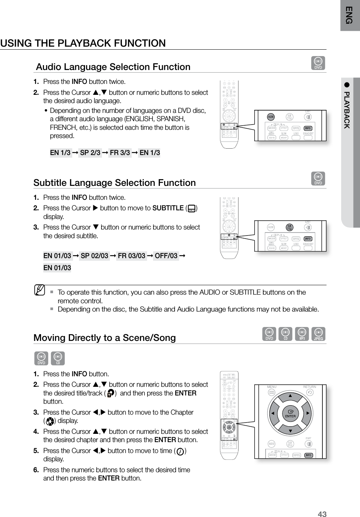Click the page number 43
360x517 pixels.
[x=322, y=514]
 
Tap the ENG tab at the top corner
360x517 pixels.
[x=350, y=15]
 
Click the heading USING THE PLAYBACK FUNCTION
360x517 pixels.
[x=83, y=43]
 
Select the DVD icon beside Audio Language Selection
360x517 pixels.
[x=318, y=63]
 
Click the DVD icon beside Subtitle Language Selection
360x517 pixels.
[x=318, y=179]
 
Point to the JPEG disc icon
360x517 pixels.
[x=318, y=334]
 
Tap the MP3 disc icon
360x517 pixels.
[x=302, y=334]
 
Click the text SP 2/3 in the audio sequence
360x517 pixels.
[x=90, y=153]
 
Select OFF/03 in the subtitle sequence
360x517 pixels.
[x=166, y=256]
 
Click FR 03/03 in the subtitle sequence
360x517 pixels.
[x=131, y=256]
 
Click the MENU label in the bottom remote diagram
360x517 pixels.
[x=272, y=387]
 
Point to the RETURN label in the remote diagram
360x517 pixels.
[x=309, y=387]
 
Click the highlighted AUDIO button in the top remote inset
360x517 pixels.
[x=271, y=117]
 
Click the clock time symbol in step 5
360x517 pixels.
[x=180, y=452]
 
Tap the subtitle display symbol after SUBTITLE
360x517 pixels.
[x=191, y=208]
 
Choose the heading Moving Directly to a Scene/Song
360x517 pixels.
[x=105, y=338]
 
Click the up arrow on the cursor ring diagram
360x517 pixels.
[x=290, y=395]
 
